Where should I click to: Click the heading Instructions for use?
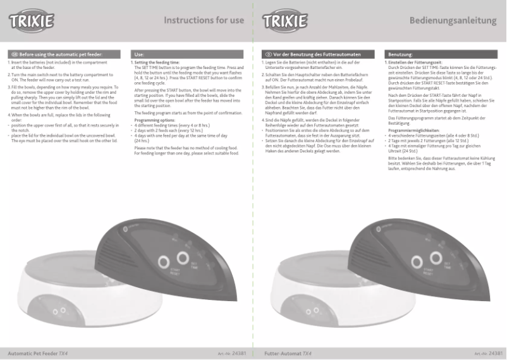(204, 20)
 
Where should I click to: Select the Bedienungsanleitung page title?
(455, 20)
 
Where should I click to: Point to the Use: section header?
(140, 55)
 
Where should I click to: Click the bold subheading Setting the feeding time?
(157, 63)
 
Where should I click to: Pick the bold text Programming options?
(155, 120)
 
